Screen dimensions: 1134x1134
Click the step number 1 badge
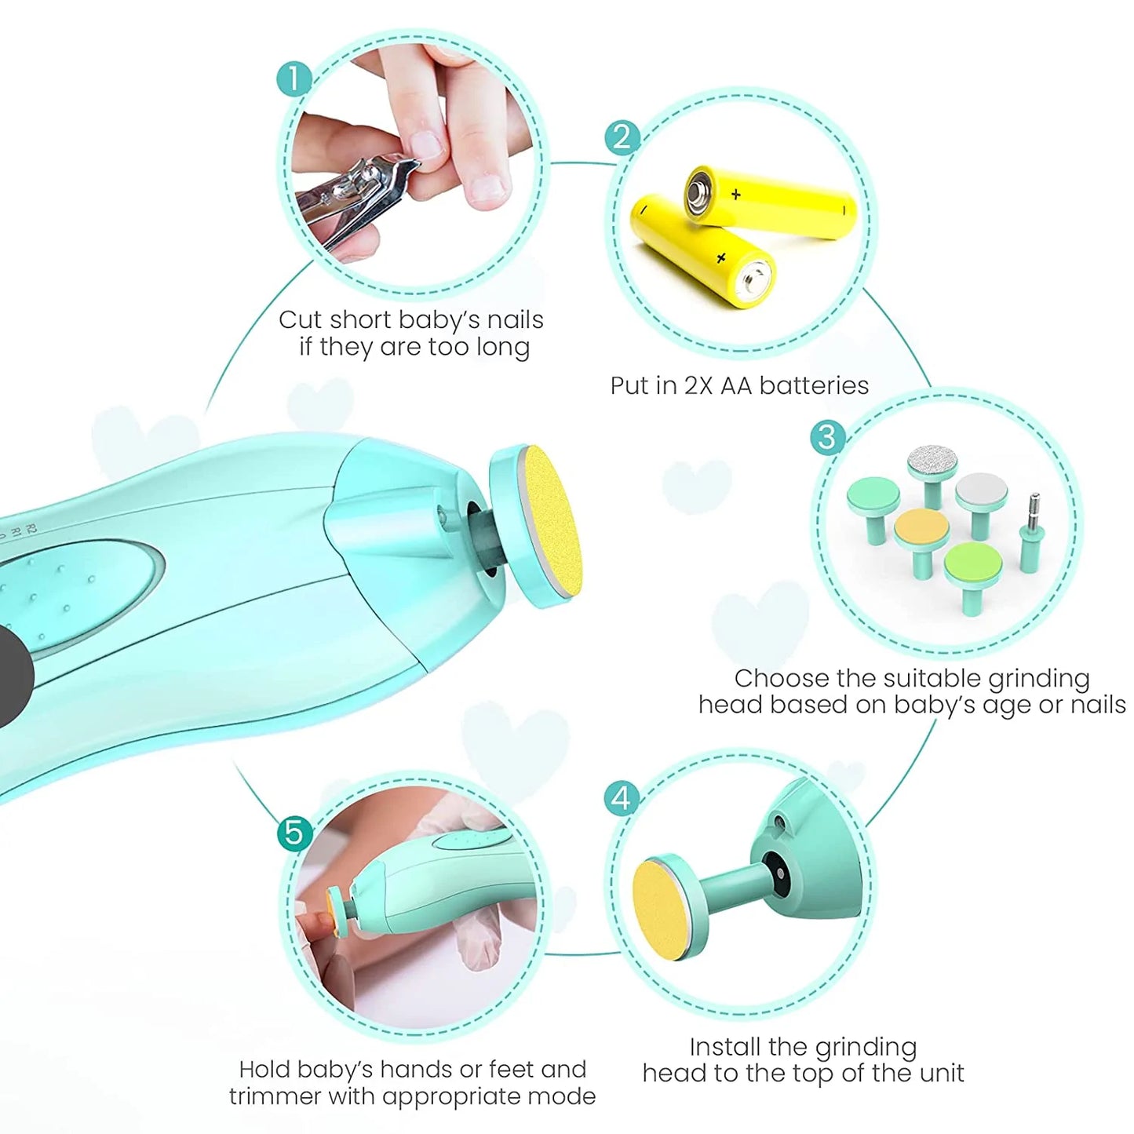pos(294,78)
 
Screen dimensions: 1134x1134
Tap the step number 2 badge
pos(622,137)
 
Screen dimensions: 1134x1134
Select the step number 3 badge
pos(827,437)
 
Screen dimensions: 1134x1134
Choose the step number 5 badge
pos(294,833)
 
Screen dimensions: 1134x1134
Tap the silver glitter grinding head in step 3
pos(933,476)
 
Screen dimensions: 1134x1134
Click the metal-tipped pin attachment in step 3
pos(1032,533)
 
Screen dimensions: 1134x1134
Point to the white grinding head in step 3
pos(981,505)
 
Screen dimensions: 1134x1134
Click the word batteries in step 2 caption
pos(814,386)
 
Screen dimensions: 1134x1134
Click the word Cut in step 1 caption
pos(300,320)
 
